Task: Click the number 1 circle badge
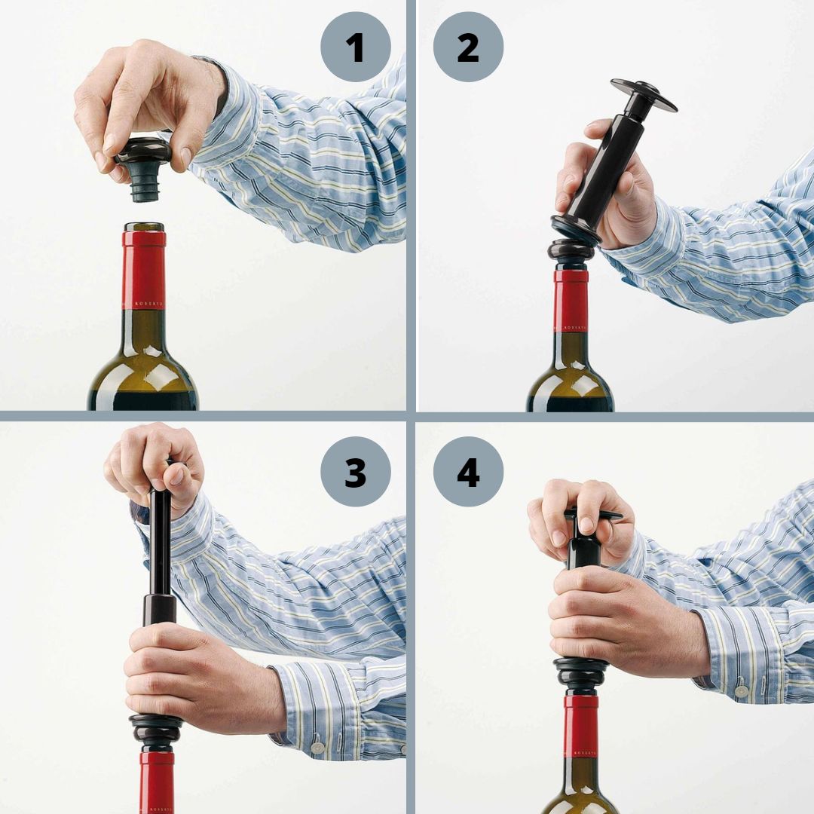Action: pos(355,47)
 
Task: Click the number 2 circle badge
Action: pos(468,47)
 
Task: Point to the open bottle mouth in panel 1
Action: pos(144,226)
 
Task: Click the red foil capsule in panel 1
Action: pos(144,268)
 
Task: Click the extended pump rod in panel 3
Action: pos(160,543)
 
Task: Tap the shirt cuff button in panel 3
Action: pos(317,748)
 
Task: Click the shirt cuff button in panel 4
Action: pos(742,690)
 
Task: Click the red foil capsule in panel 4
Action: pos(580,727)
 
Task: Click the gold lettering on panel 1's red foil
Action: pos(148,304)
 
